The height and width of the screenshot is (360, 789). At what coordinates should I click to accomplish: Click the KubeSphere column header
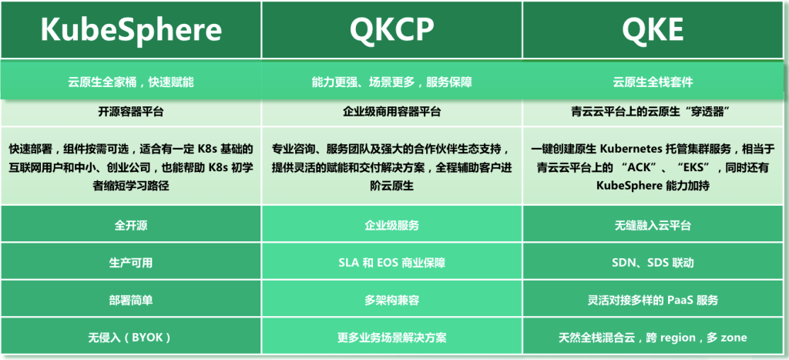(x=131, y=30)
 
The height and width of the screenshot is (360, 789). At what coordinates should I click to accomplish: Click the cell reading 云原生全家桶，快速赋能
(x=131, y=81)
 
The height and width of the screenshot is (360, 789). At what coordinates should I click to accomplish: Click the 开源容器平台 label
(x=131, y=112)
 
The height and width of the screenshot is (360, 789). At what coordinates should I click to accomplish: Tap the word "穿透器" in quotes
(x=702, y=112)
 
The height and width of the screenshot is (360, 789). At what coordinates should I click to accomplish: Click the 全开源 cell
(x=131, y=226)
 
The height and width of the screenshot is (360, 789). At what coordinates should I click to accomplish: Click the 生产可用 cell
(x=131, y=263)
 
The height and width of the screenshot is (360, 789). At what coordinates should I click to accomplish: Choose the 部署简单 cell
(x=131, y=300)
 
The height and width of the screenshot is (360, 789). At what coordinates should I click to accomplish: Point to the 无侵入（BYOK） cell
(x=131, y=337)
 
